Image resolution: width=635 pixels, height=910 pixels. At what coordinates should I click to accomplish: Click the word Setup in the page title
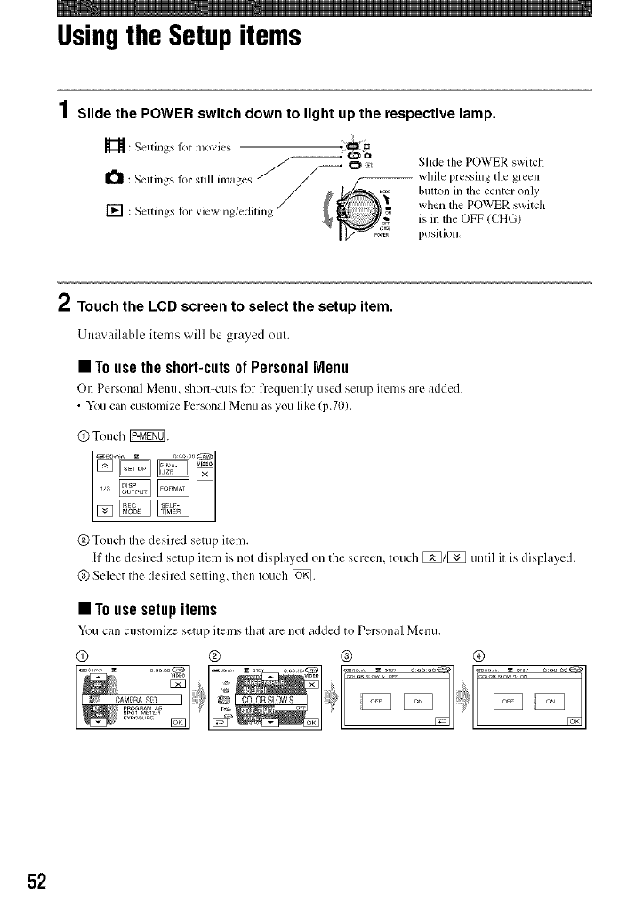202,37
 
